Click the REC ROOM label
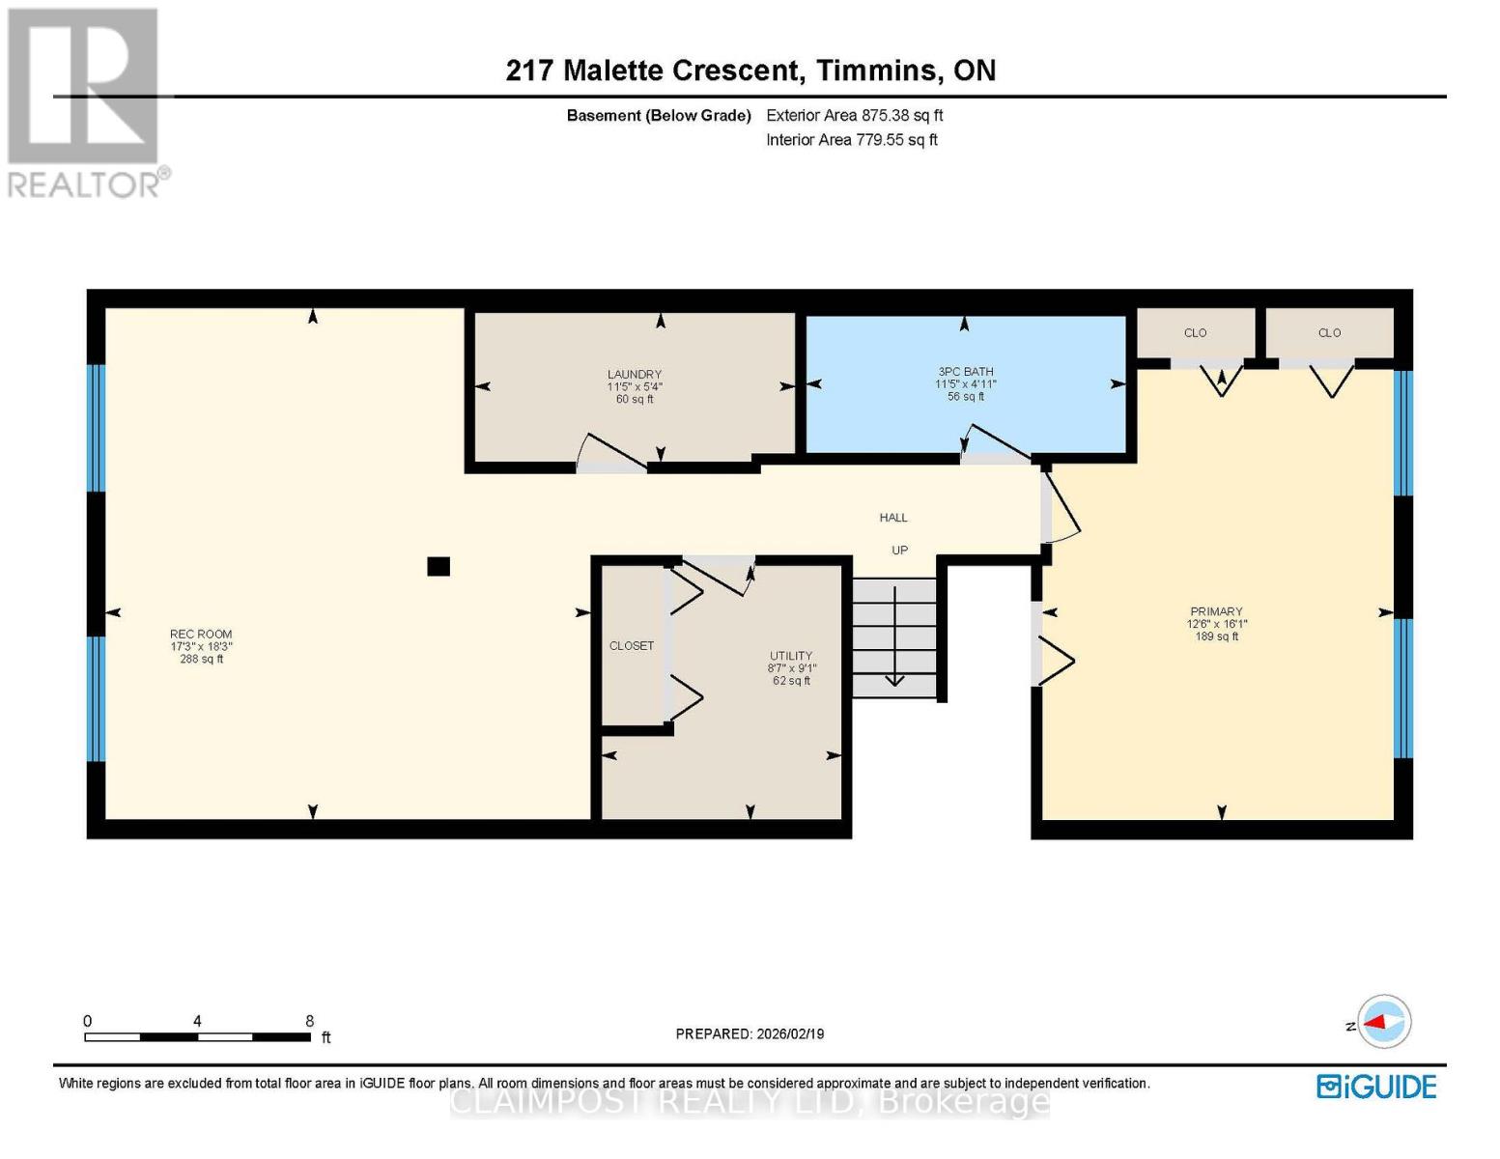(x=201, y=634)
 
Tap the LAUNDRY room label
(x=635, y=374)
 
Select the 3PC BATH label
(x=965, y=372)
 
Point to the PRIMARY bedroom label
(x=1216, y=611)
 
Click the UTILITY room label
(x=791, y=655)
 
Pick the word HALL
(x=893, y=517)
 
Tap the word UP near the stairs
(x=899, y=551)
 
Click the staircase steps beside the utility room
(x=894, y=637)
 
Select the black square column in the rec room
(x=439, y=566)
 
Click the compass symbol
(x=1383, y=1022)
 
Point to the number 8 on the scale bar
(x=309, y=1020)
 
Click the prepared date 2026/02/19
(x=790, y=1033)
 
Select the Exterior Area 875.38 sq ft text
(x=854, y=115)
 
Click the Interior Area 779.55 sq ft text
(x=852, y=139)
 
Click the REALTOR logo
(x=86, y=103)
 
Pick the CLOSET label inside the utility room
(x=631, y=645)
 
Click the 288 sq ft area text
(x=201, y=659)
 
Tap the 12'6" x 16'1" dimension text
(x=1216, y=623)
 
